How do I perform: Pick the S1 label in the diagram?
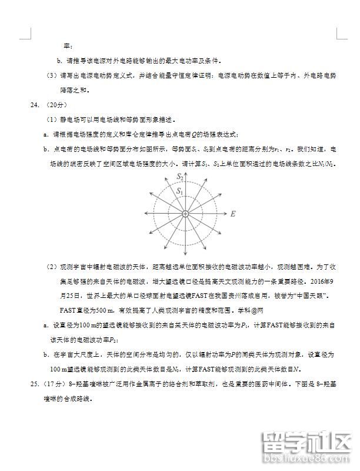[x=181, y=191]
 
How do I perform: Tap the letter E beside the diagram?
[x=233, y=215]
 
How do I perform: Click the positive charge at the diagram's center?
[x=185, y=214]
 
